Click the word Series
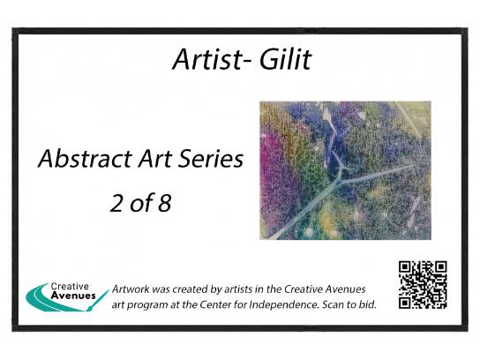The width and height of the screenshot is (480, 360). pyautogui.click(x=211, y=159)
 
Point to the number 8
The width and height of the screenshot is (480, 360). pyautogui.click(x=164, y=203)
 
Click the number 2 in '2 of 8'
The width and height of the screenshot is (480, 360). pyautogui.click(x=116, y=203)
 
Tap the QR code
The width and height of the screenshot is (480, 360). pyautogui.click(x=423, y=285)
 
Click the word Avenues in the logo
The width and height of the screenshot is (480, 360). pyautogui.click(x=73, y=296)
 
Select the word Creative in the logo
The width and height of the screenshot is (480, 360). pyautogui.click(x=70, y=287)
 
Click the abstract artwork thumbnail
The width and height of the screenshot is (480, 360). pyautogui.click(x=345, y=170)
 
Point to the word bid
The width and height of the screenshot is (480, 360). pyautogui.click(x=368, y=304)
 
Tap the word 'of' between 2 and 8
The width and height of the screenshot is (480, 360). pyautogui.click(x=140, y=203)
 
